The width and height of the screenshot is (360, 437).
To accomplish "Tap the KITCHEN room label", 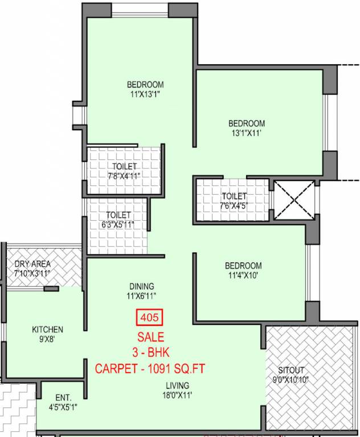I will click(x=47, y=329).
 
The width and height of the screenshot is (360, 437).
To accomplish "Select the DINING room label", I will click(x=141, y=286).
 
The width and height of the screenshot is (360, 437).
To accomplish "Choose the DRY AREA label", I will click(x=32, y=264).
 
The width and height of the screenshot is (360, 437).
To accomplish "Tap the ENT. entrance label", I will click(x=63, y=398).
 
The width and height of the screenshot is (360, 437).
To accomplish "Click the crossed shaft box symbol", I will click(x=293, y=200).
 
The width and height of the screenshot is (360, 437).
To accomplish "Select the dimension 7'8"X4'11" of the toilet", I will click(x=124, y=176).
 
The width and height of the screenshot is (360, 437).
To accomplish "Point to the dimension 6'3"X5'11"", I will click(x=118, y=224).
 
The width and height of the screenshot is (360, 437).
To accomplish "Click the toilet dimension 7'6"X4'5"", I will click(x=234, y=206).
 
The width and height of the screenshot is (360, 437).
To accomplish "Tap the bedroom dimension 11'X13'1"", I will click(x=145, y=95).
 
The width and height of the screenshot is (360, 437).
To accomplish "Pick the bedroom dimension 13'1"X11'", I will click(x=247, y=133).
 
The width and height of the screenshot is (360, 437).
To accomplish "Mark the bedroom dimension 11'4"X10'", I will click(x=243, y=275).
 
